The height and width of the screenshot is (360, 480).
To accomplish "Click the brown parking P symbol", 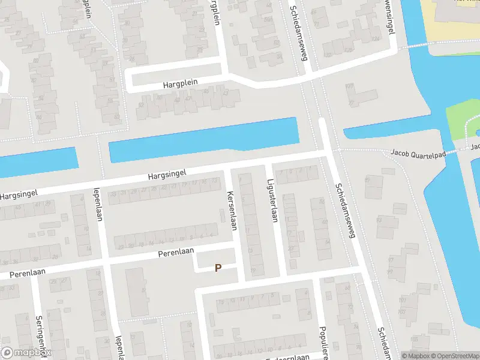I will pos(218,268).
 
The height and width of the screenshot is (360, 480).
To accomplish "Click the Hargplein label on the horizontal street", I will pos(180,84).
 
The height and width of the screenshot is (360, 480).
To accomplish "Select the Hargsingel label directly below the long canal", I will pos(167,173).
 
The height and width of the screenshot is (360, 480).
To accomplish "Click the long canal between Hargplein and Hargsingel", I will pos(204,139).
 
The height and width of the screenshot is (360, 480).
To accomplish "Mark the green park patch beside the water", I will pos(462,117).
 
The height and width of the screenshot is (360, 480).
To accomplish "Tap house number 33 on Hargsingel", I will pos(113,194).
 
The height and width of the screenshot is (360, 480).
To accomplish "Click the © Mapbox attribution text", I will pos(416,356).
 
